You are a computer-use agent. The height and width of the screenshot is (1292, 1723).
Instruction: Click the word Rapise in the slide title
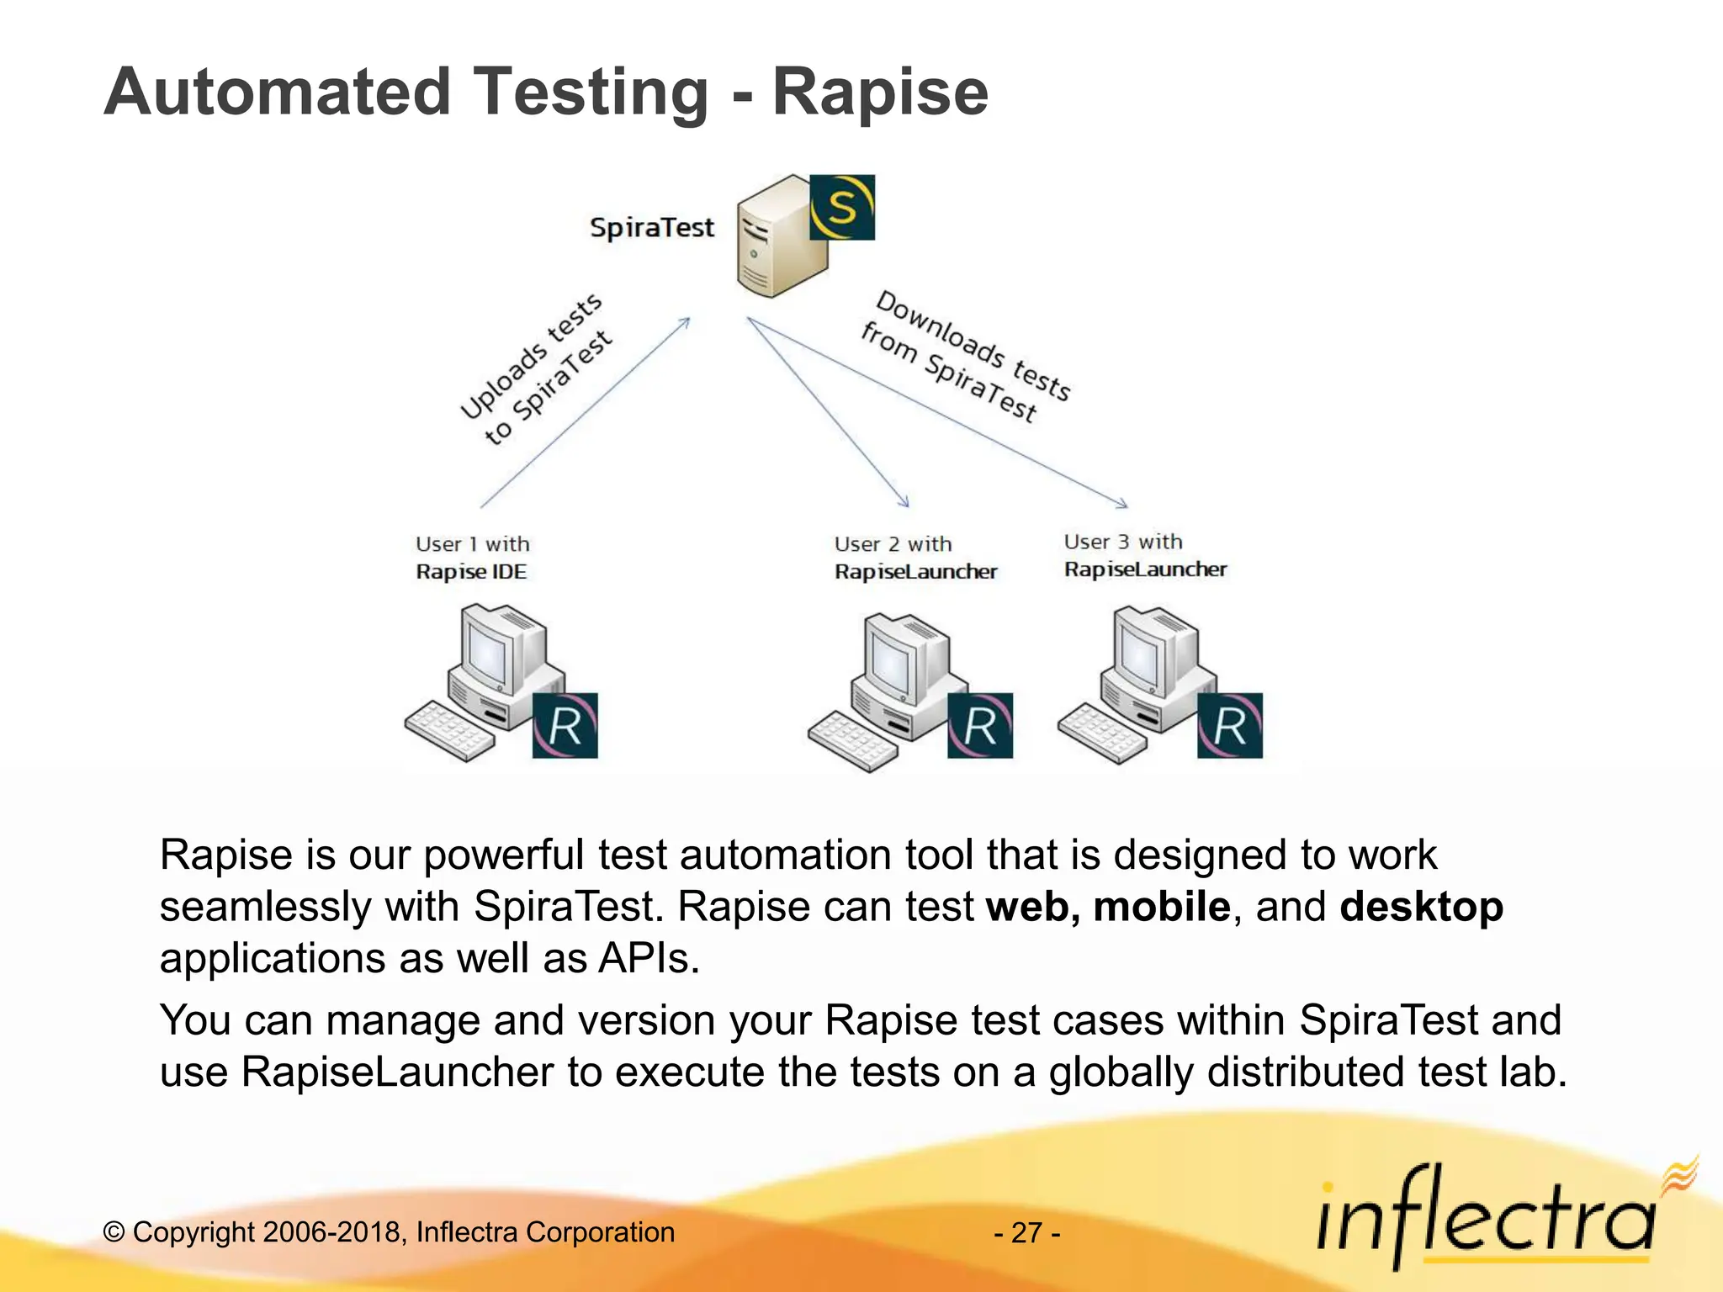tap(880, 92)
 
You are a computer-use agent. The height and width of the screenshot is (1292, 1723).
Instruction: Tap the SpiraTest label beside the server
tap(651, 228)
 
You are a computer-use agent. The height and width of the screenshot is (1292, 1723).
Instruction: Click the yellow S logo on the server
tap(842, 208)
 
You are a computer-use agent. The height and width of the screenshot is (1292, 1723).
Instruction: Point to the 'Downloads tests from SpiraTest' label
tap(966, 357)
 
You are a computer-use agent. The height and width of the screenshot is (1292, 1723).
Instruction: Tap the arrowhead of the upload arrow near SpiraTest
tap(687, 321)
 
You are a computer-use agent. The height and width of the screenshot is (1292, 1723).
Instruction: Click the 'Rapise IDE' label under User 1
tap(471, 572)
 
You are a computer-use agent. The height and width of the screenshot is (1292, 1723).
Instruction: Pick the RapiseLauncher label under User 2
tap(915, 572)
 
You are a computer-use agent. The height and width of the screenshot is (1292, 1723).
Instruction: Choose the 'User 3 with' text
tap(1123, 542)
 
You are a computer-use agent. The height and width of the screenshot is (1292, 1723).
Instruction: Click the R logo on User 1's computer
tap(565, 726)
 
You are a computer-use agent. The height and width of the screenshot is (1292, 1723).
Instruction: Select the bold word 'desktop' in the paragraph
tap(1421, 907)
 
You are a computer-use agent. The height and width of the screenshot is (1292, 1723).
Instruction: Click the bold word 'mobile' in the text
tap(1161, 907)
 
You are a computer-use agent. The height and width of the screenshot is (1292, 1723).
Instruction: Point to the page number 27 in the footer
tap(1026, 1232)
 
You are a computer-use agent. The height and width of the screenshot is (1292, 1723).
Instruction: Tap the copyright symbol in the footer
tap(114, 1232)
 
